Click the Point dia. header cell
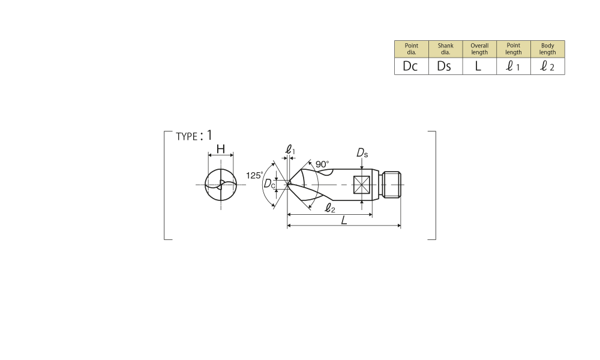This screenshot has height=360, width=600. [412, 49]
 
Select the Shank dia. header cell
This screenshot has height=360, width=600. [445, 49]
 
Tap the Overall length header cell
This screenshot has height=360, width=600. [479, 49]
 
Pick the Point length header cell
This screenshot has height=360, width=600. [514, 49]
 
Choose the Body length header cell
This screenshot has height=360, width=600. [548, 49]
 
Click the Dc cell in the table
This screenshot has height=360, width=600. [412, 66]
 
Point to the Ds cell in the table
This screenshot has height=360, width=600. [445, 66]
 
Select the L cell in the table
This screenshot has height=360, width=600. [479, 66]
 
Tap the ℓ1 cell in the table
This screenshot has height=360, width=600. [514, 66]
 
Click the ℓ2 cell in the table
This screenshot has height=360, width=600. [548, 66]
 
